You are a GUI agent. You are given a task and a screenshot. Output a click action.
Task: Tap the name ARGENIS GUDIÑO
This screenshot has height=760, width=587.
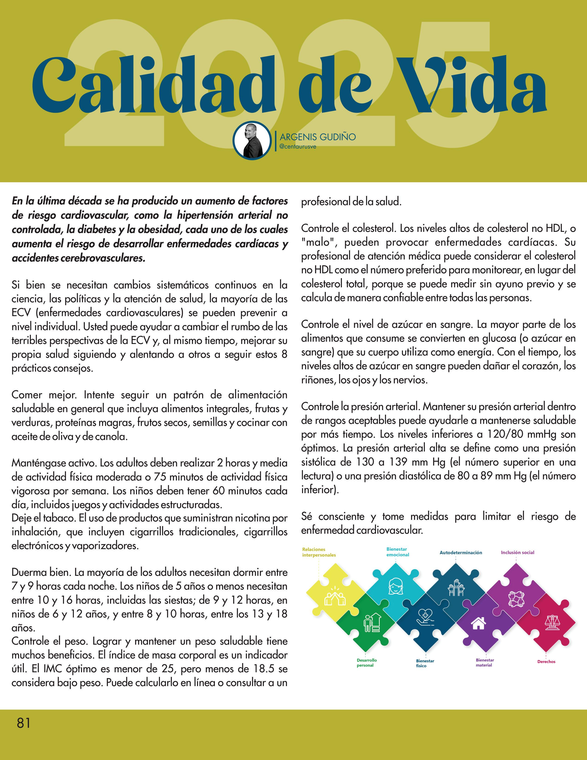318,137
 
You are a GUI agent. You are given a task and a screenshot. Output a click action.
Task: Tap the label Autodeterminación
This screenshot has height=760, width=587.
461,553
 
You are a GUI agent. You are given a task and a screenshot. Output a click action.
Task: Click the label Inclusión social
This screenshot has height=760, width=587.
518,552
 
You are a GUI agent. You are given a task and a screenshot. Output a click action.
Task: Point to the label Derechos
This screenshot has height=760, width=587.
546,661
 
